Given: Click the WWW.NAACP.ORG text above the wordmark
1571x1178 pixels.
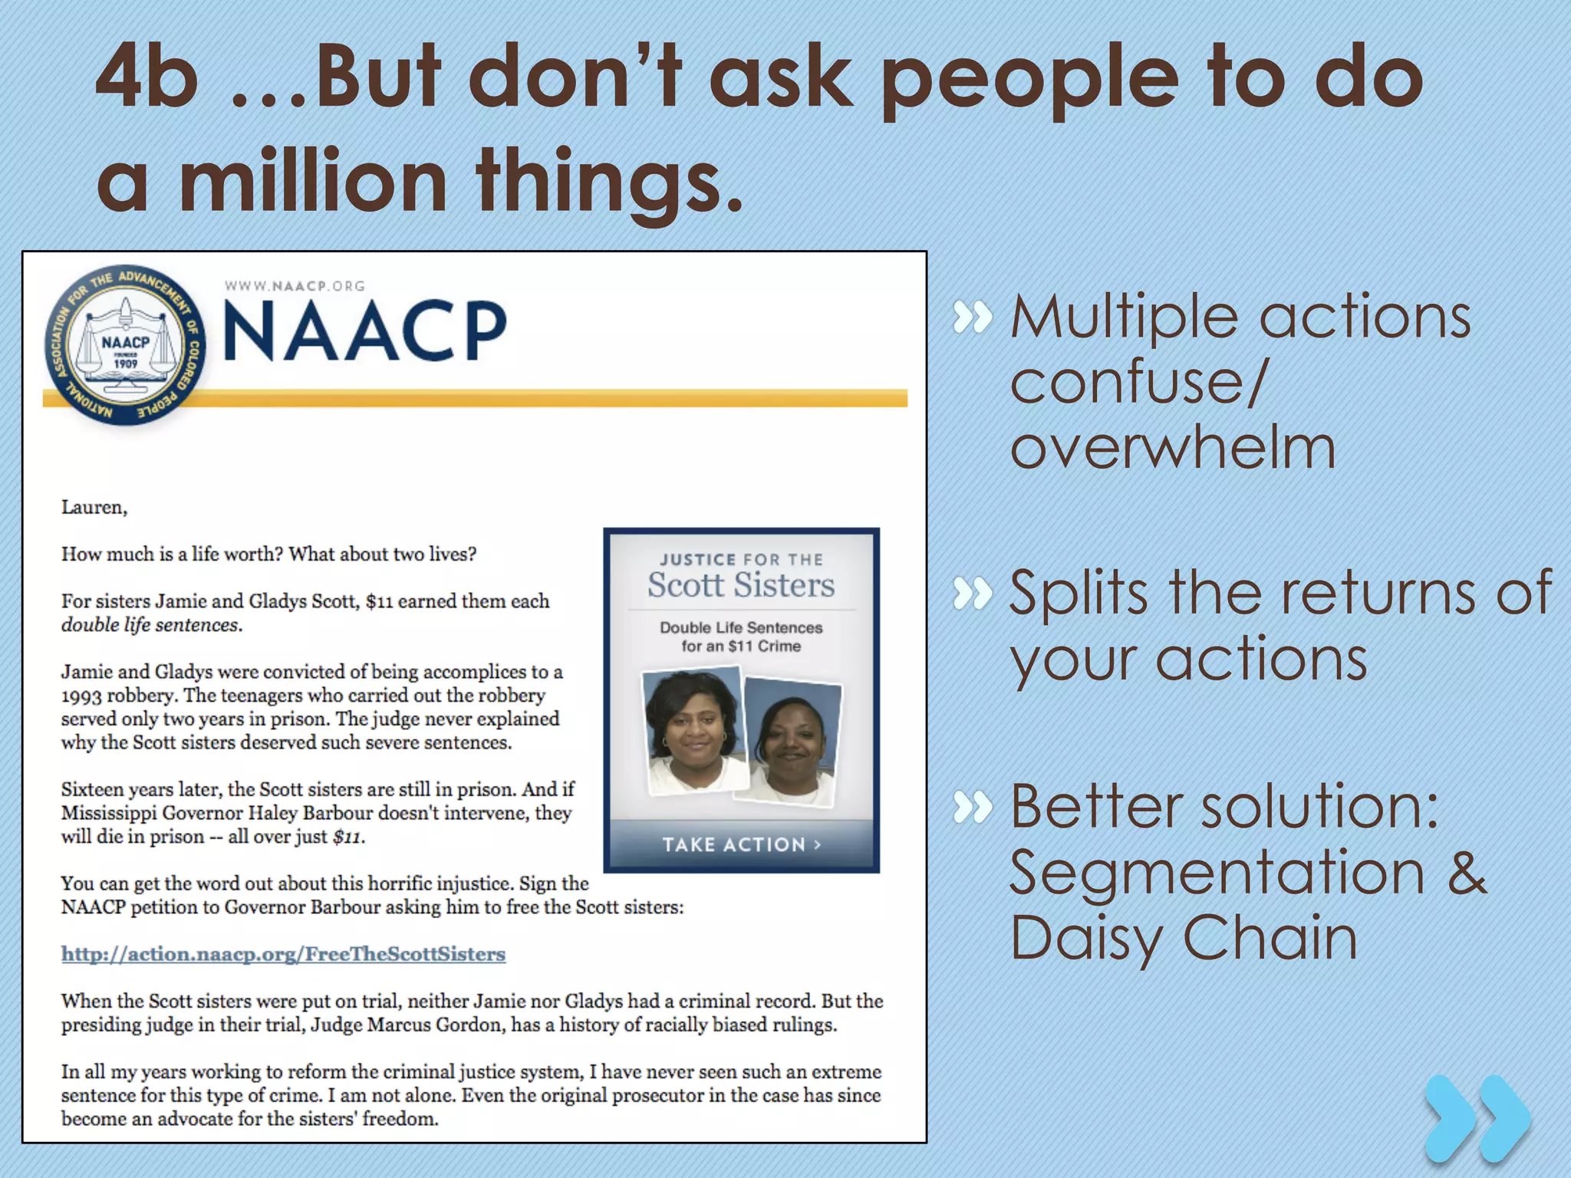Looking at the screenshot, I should pyautogui.click(x=295, y=286).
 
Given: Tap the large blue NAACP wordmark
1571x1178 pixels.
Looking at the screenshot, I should pyautogui.click(x=365, y=331).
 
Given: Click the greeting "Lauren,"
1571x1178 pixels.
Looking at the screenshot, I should pyautogui.click(x=94, y=508).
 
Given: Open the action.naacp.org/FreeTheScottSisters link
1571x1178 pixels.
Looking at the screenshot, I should pyautogui.click(x=283, y=954).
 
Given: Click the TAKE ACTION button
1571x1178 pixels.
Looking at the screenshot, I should pyautogui.click(x=741, y=844).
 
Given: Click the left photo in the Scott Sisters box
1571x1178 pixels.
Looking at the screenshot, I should pyautogui.click(x=693, y=729).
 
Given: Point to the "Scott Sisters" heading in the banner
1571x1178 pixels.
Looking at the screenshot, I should pyautogui.click(x=740, y=585).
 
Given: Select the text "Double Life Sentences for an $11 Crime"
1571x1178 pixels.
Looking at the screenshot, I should pyautogui.click(x=740, y=637).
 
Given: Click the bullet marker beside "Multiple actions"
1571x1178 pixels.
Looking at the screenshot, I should pyautogui.click(x=973, y=318).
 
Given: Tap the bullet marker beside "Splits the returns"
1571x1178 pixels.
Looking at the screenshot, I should pyautogui.click(x=973, y=594).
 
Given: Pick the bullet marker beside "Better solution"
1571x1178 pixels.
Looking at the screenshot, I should pyautogui.click(x=973, y=807).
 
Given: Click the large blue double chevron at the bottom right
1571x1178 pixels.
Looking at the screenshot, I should pyautogui.click(x=1477, y=1119).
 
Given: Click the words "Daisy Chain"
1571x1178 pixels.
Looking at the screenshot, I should pyautogui.click(x=1183, y=937).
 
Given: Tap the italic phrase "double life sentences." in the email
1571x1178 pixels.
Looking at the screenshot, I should pyautogui.click(x=152, y=625).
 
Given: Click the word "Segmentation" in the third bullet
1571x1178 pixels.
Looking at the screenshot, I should pyautogui.click(x=1217, y=873).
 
